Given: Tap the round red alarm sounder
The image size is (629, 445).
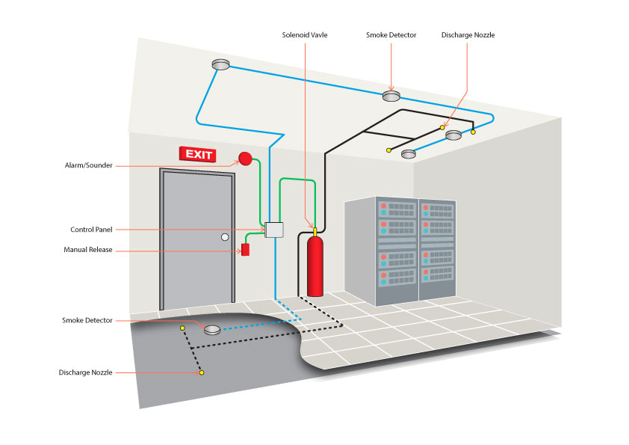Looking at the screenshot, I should (245, 158).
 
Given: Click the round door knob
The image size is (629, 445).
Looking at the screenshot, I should (224, 237).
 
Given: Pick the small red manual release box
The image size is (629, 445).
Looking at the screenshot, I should (245, 249).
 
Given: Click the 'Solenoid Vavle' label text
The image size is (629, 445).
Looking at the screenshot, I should (305, 35).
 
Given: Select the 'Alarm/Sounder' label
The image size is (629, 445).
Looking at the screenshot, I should (89, 165).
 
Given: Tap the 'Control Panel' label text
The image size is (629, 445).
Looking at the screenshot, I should (91, 230).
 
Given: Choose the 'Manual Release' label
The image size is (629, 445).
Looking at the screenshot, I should (88, 250).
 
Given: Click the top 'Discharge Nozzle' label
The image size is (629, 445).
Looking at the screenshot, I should (468, 35).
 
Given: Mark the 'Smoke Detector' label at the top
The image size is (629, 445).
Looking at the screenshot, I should (391, 35).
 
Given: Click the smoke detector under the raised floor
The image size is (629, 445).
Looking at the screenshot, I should (212, 329).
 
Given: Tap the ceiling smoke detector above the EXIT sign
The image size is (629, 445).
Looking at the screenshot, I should (220, 65).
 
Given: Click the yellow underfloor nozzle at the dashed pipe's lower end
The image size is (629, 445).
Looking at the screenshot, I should (202, 372).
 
